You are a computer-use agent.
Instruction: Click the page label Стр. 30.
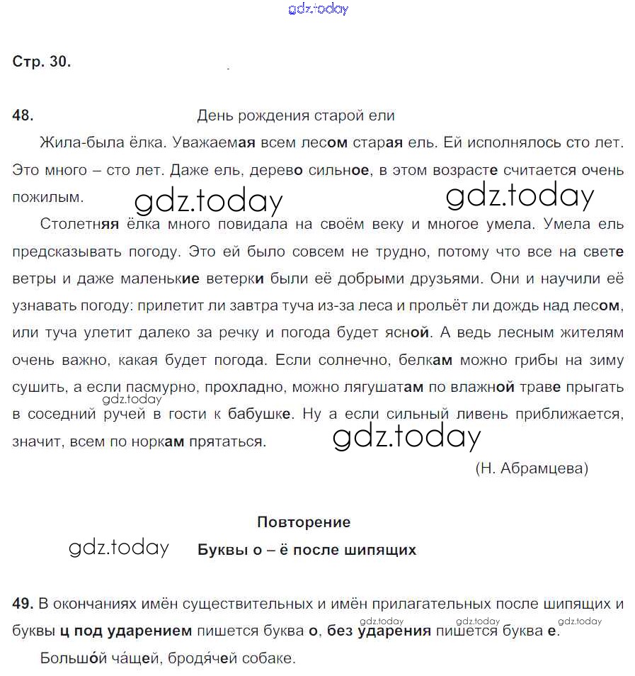pos(42,62)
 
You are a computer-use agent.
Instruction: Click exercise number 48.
pos(23,116)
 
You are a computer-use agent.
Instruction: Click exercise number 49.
pos(23,604)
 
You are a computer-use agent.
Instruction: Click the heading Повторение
pos(304,522)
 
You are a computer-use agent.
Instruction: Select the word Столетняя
pos(79,225)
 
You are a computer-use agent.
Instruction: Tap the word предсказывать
pos(67,252)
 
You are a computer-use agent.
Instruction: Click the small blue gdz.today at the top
pos(318,9)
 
